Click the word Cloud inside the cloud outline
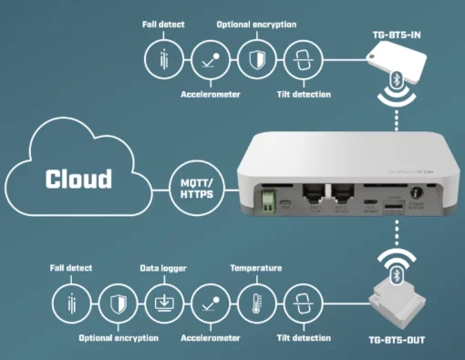(79, 178)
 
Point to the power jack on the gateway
(418, 194)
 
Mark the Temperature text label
(255, 270)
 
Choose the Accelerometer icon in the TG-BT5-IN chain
(210, 60)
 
